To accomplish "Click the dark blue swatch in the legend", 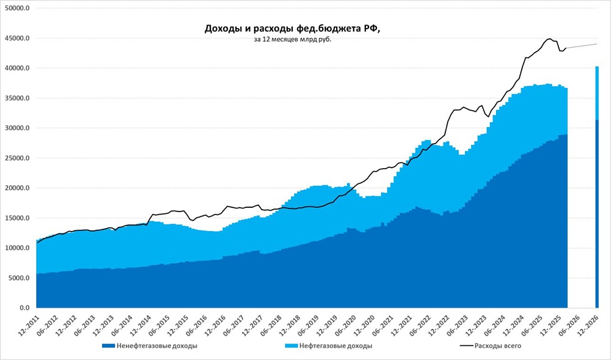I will [x=108, y=346].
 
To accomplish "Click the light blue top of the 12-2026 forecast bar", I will [x=597, y=92].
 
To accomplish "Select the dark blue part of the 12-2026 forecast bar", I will [x=597, y=214].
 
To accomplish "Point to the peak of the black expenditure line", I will [x=549, y=39].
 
